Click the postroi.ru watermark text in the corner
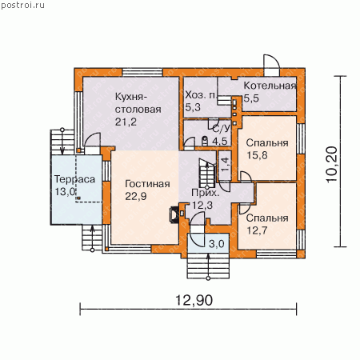[x=23, y=6]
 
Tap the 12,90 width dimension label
[x=194, y=300]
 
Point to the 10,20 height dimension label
[x=332, y=164]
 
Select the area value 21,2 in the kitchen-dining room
[x=126, y=122]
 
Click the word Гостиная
[x=147, y=184]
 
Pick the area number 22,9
[x=136, y=196]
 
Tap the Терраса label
[x=74, y=179]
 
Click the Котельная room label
[x=270, y=86]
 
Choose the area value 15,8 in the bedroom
[x=257, y=155]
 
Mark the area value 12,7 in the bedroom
[x=257, y=230]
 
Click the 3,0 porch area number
[x=217, y=243]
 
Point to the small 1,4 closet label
[x=225, y=164]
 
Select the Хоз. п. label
[x=201, y=95]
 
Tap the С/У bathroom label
[x=221, y=129]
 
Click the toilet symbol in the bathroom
[x=205, y=141]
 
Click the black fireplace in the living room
[x=174, y=214]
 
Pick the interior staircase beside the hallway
[x=207, y=174]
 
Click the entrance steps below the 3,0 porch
[x=208, y=266]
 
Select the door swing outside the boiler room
[x=271, y=62]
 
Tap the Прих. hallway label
[x=206, y=193]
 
